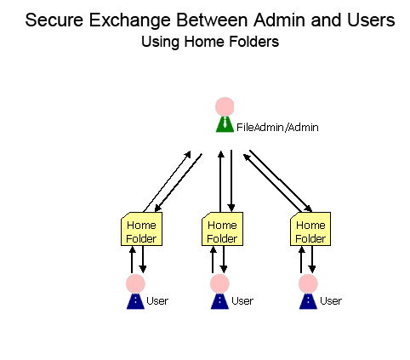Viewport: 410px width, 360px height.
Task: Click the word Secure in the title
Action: click(54, 20)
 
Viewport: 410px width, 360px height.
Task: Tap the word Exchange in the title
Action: click(130, 20)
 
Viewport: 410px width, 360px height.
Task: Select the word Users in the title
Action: click(371, 20)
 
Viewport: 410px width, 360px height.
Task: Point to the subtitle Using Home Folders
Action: click(210, 42)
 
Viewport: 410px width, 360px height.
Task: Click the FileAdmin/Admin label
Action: click(277, 128)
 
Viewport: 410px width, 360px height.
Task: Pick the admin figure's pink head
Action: click(225, 106)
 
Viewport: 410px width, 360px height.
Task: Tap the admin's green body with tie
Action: click(225, 124)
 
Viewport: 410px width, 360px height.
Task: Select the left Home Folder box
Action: click(141, 229)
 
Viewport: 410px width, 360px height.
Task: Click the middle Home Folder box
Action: click(222, 229)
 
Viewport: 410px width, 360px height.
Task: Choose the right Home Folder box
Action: click(310, 229)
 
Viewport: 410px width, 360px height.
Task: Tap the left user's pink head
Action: click(135, 283)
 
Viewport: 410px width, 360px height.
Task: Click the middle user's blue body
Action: click(219, 301)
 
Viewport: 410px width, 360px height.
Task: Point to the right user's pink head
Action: click(308, 283)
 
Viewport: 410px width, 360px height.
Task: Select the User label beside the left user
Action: click(157, 300)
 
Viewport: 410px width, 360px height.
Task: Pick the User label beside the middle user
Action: click(242, 300)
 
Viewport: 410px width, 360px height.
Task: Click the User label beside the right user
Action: click(331, 300)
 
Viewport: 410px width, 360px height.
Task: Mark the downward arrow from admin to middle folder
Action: click(231, 180)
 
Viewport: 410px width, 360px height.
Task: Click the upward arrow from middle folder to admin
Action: click(220, 181)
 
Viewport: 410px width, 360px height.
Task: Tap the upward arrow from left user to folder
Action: click(132, 260)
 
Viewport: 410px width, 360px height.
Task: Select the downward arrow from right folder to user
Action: click(312, 260)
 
